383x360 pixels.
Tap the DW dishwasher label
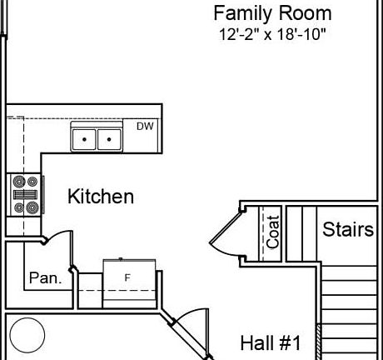point(146,127)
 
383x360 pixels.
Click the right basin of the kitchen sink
point(108,138)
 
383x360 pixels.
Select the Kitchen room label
point(100,197)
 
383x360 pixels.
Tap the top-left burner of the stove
point(17,181)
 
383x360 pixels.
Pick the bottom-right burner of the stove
point(32,207)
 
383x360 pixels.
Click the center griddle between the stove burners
point(23,195)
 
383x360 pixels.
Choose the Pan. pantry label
point(45,278)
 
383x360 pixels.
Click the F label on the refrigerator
point(127,277)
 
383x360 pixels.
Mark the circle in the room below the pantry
point(27,335)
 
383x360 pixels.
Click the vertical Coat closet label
point(273,232)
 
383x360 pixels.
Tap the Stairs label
point(347,230)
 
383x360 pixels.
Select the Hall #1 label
point(270,342)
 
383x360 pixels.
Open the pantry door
point(54,240)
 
